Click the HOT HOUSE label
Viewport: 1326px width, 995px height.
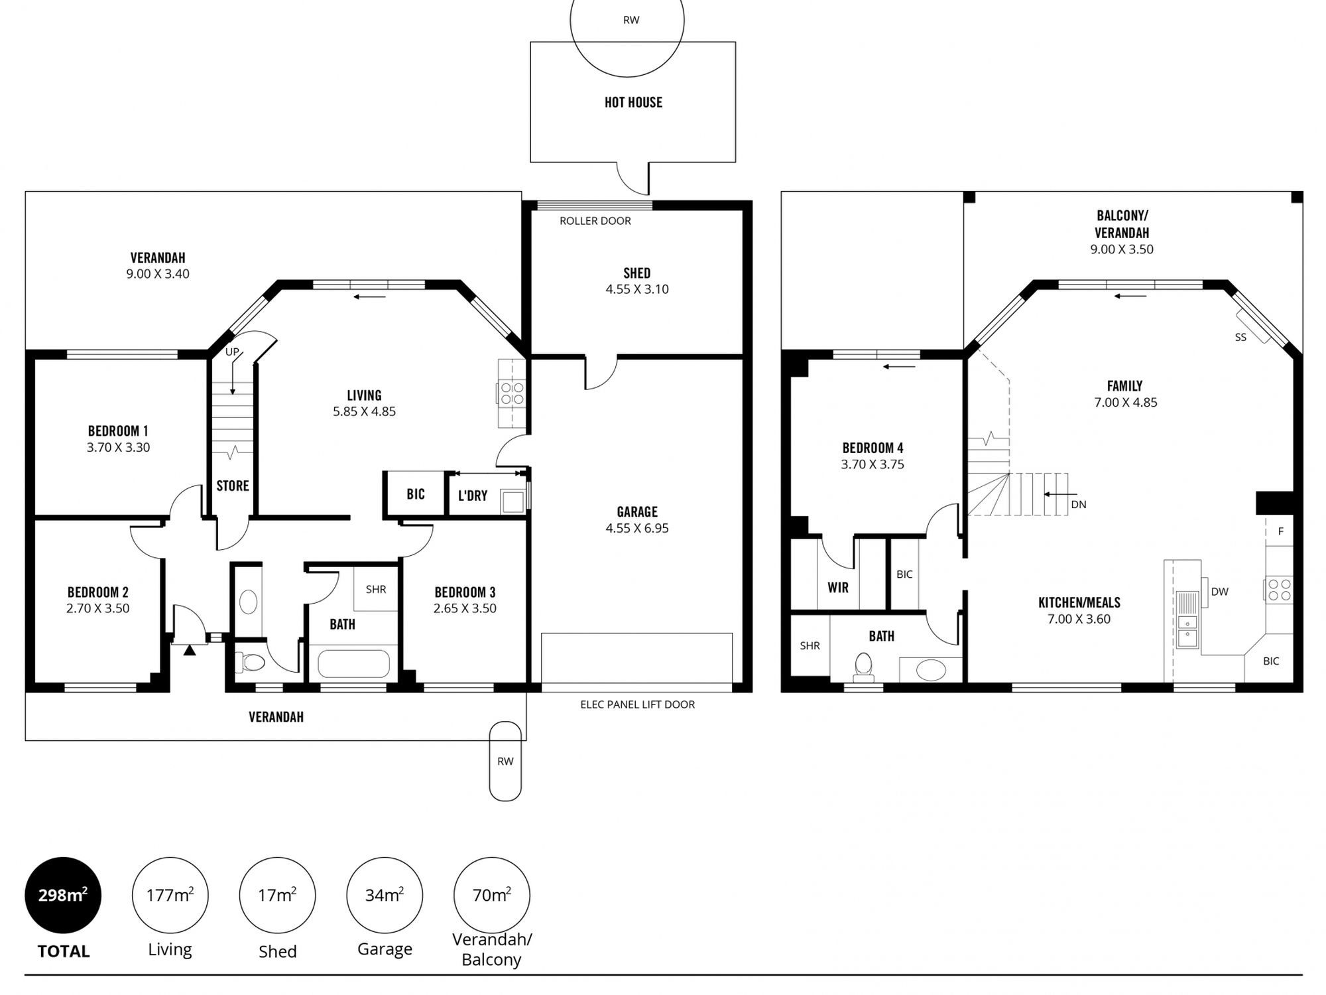(633, 102)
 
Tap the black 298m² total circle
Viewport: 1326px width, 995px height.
(63, 895)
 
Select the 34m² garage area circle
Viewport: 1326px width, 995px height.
(385, 895)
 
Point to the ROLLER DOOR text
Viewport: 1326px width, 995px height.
(595, 221)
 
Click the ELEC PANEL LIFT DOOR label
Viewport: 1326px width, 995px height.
(637, 704)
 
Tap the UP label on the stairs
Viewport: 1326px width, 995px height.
(231, 352)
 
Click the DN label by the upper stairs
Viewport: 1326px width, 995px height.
(1079, 504)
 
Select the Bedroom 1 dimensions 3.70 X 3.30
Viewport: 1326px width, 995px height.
(118, 448)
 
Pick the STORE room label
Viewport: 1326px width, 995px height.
(233, 486)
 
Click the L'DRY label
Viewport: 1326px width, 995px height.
(473, 496)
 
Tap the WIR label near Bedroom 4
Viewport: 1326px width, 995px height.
(838, 588)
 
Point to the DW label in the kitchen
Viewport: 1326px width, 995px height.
(1220, 592)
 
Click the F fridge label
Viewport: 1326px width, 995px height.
(1281, 531)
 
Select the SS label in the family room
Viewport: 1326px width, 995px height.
(1240, 337)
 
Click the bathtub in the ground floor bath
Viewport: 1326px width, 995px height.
(354, 663)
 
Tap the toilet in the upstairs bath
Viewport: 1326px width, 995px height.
(863, 667)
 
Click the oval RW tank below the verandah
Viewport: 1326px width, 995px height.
(505, 761)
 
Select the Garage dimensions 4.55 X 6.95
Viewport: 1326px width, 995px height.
(637, 529)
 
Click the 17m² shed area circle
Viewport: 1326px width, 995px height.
(277, 895)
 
